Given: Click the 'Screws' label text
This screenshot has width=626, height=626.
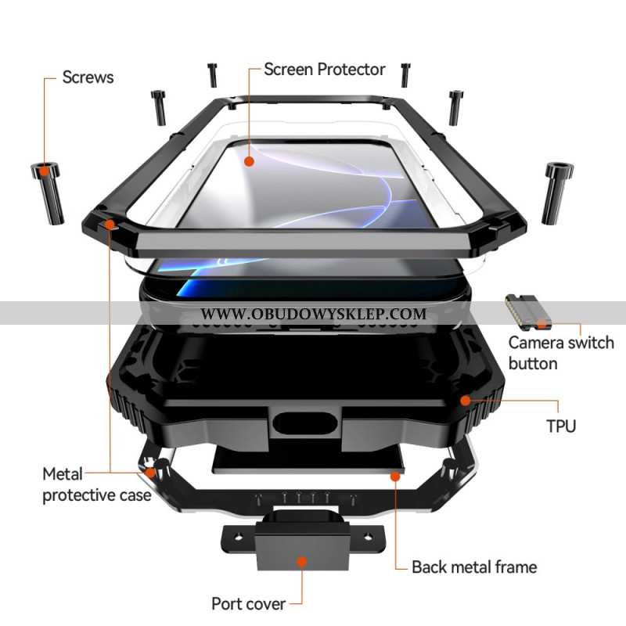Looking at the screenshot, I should tap(88, 77).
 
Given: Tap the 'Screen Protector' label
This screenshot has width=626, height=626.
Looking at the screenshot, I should tap(324, 70).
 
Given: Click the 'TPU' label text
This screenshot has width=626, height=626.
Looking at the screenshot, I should tap(561, 426).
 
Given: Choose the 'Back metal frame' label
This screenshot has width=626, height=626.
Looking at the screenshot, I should tap(474, 567).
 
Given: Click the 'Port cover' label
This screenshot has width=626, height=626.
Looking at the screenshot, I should tap(247, 603).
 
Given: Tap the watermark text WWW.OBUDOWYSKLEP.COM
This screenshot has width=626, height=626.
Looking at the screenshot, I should tap(314, 314).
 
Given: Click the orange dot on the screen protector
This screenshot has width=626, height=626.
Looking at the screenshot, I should tap(249, 162).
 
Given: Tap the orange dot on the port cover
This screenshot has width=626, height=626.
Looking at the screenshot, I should tap(301, 562).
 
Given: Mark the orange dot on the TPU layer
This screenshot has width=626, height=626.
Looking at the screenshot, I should tap(466, 401).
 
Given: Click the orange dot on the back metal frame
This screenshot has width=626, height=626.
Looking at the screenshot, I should tap(395, 475).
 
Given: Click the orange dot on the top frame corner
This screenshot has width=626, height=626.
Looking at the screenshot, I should tap(110, 225).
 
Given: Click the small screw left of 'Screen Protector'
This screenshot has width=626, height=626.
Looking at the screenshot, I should tap(212, 74).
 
